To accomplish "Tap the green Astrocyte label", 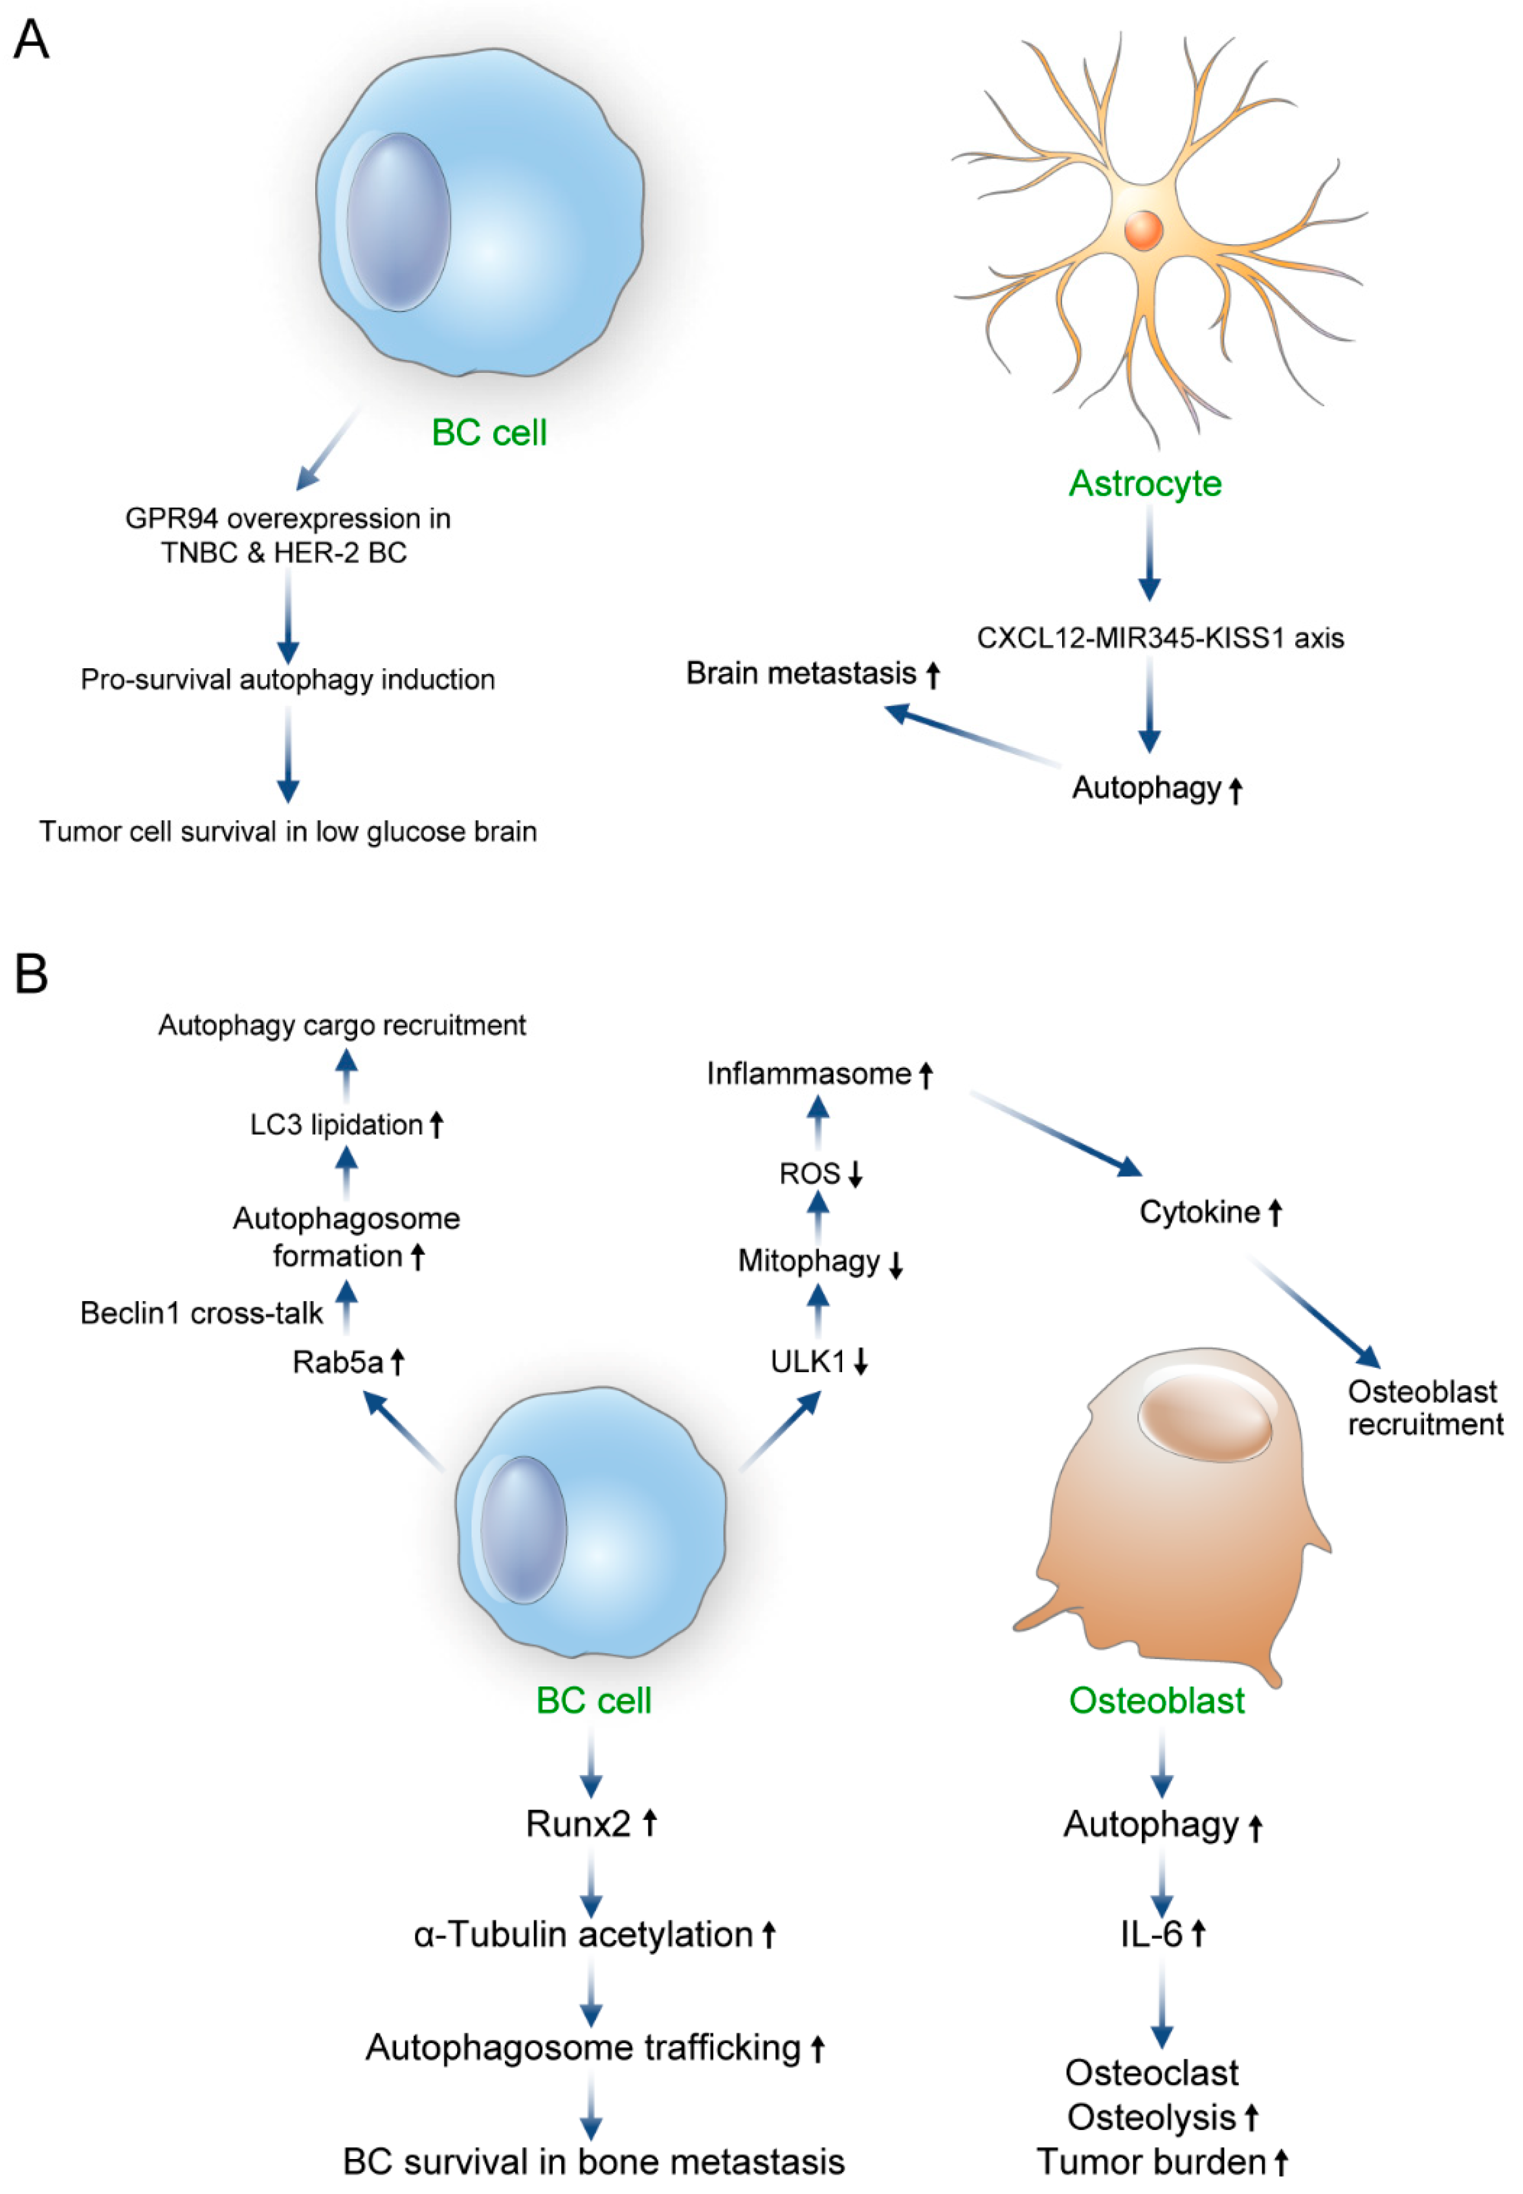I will click(x=1144, y=483).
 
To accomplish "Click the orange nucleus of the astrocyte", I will click(x=1142, y=230).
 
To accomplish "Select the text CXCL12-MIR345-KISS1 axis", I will click(x=1159, y=638).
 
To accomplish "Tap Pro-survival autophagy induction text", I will click(x=287, y=680).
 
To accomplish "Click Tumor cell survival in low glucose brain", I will click(x=287, y=831).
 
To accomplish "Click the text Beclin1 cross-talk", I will click(x=201, y=1314).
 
